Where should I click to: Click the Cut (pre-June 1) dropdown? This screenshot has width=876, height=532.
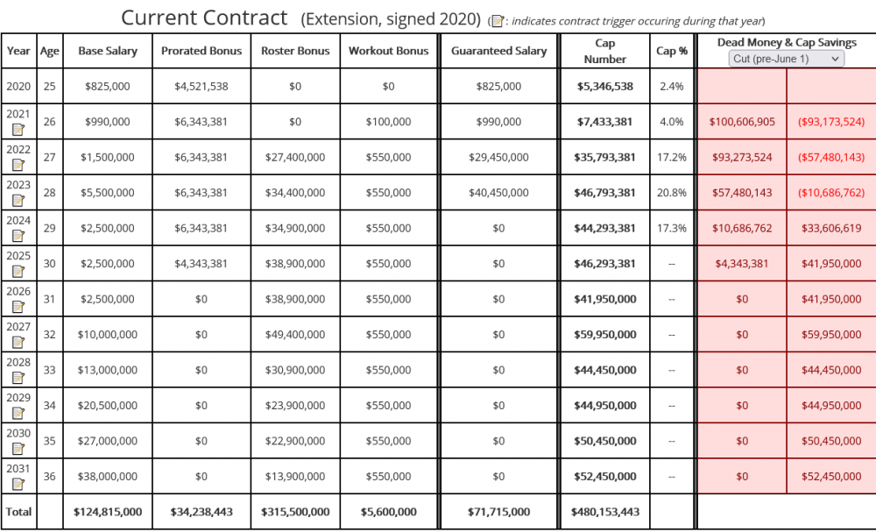tap(787, 59)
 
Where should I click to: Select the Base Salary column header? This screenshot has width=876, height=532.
tap(107, 51)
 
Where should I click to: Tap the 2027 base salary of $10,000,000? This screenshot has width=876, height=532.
tap(107, 334)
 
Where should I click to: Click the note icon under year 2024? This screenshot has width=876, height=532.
tap(18, 236)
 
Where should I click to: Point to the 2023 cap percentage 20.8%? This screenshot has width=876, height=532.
tap(672, 193)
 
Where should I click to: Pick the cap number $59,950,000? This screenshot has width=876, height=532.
tap(605, 334)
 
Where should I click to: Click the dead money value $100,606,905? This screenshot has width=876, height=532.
tap(742, 122)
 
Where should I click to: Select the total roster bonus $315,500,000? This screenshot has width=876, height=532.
tap(295, 511)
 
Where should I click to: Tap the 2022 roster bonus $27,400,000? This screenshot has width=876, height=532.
tap(295, 157)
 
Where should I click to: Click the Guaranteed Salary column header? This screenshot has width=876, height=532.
tap(499, 51)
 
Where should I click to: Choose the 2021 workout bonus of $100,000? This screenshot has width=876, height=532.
tap(388, 122)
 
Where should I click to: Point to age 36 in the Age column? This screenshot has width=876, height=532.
tap(50, 476)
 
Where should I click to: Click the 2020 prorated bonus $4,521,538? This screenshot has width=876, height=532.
tap(201, 86)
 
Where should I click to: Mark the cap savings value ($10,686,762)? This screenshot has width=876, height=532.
tap(831, 193)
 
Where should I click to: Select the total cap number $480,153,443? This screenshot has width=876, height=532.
tap(605, 511)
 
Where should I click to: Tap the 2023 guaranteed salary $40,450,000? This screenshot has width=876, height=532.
tap(499, 193)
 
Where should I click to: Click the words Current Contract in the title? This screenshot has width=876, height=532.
tap(204, 18)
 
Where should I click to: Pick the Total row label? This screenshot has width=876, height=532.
tap(18, 511)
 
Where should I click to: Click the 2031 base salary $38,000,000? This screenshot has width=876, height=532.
tap(107, 476)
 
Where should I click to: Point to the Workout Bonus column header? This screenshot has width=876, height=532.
tap(388, 51)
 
